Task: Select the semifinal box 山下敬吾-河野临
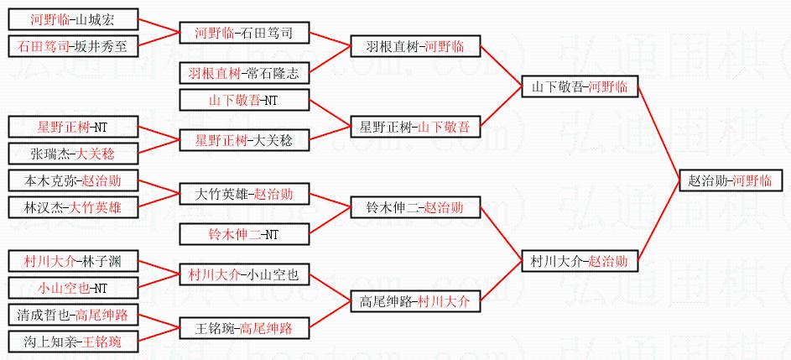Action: [579, 86]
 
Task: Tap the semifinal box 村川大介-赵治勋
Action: [579, 262]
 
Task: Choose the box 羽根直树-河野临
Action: [414, 46]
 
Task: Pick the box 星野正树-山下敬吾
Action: [414, 128]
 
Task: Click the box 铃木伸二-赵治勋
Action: [414, 207]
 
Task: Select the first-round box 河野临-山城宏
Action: [72, 19]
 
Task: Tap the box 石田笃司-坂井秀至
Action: [72, 47]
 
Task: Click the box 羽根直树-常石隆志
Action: [244, 74]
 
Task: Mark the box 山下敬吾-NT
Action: [244, 101]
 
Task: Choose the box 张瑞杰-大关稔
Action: [72, 154]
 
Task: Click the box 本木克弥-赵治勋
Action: [72, 180]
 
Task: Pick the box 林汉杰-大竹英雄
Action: [72, 207]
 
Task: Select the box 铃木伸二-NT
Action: [244, 235]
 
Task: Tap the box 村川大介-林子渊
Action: [72, 261]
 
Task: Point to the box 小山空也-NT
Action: [72, 288]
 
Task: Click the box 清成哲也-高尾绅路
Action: [72, 316]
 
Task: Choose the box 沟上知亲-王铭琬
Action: [72, 342]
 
